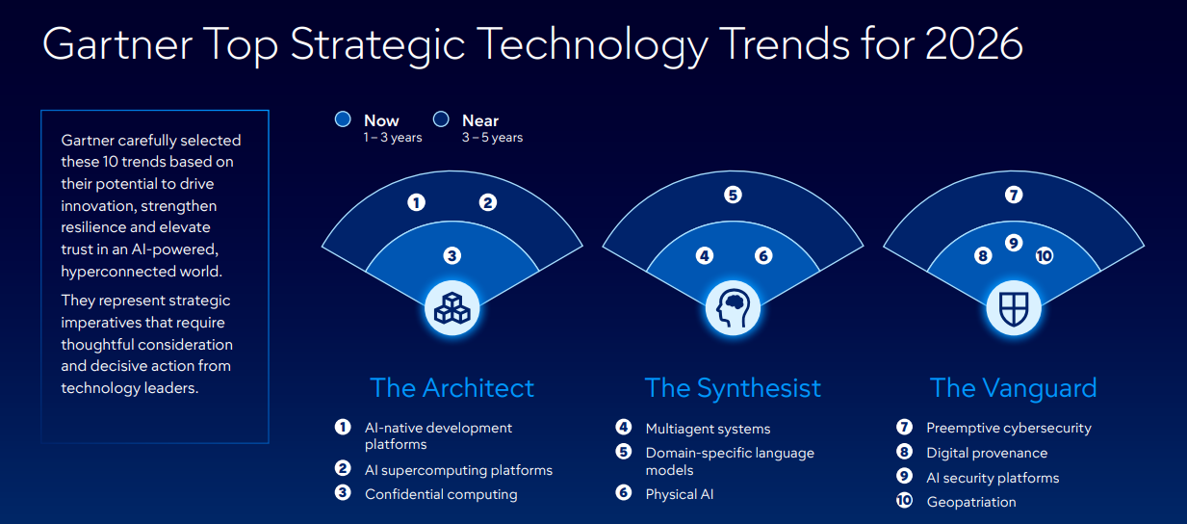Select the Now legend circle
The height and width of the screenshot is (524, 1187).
(x=343, y=119)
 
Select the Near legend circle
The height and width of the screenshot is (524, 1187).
(x=441, y=119)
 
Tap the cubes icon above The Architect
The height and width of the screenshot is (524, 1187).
(x=452, y=308)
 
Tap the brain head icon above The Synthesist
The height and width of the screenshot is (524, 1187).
(x=733, y=308)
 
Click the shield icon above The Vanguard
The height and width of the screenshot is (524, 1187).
(x=1014, y=308)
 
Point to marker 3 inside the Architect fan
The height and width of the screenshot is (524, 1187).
(x=452, y=255)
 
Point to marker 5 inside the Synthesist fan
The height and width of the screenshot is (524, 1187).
(x=733, y=195)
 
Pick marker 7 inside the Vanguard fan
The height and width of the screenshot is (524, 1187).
(x=1013, y=195)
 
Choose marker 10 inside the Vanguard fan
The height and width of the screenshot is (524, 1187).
(x=1045, y=255)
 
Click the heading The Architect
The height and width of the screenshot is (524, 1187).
(x=452, y=388)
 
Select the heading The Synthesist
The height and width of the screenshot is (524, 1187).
(x=733, y=388)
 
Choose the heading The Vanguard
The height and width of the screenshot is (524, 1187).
(x=1013, y=388)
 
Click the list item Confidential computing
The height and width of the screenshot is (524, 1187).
(x=441, y=494)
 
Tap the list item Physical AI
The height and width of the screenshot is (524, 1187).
(x=680, y=494)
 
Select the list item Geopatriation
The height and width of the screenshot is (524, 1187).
(x=970, y=502)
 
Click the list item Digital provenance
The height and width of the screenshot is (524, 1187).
(x=987, y=453)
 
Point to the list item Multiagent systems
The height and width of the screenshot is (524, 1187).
(x=708, y=429)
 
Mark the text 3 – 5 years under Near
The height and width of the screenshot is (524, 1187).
(x=492, y=138)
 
